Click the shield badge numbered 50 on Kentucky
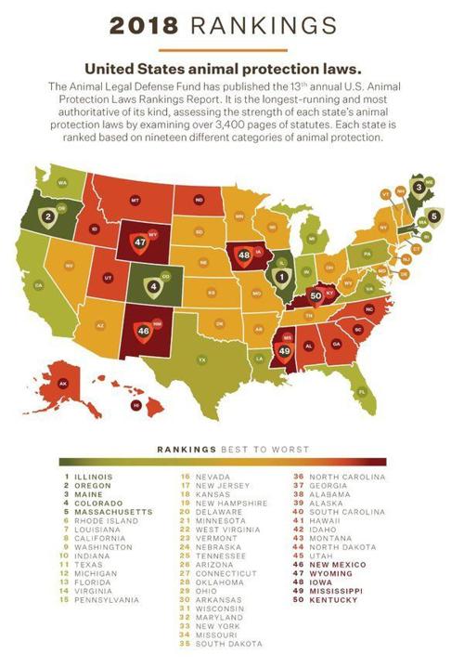(316, 294)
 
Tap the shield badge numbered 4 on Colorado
(154, 285)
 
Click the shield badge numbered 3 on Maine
(419, 187)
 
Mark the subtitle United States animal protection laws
(231, 69)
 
